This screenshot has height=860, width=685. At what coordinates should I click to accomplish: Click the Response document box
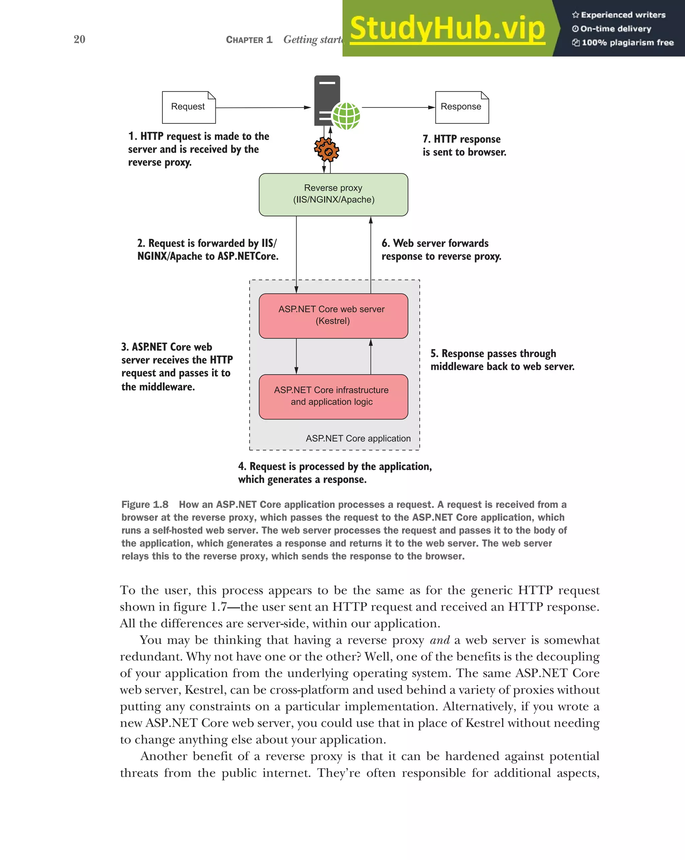click(x=462, y=107)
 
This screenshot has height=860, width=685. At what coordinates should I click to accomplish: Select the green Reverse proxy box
click(x=333, y=194)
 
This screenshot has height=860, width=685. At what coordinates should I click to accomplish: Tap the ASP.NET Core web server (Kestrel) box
click(x=333, y=316)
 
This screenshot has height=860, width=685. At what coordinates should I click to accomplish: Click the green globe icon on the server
click(x=346, y=116)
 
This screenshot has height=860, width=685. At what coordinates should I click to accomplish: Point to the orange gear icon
click(x=326, y=150)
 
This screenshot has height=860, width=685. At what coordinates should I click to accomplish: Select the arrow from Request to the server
click(x=263, y=107)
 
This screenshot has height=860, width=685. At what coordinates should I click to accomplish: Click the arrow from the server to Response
click(x=398, y=107)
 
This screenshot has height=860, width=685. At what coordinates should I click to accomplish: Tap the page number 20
click(x=79, y=39)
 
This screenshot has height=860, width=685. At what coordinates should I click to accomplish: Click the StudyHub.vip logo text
click(x=447, y=29)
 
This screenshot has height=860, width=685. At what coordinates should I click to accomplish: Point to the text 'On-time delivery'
click(x=615, y=29)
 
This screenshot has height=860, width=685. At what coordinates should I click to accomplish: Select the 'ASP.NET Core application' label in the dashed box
click(x=358, y=439)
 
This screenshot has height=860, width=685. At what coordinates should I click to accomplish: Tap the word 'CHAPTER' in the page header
click(x=244, y=40)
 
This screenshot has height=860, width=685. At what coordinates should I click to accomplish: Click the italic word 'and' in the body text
click(x=439, y=640)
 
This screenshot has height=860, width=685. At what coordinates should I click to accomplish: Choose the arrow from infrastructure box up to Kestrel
click(x=371, y=356)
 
